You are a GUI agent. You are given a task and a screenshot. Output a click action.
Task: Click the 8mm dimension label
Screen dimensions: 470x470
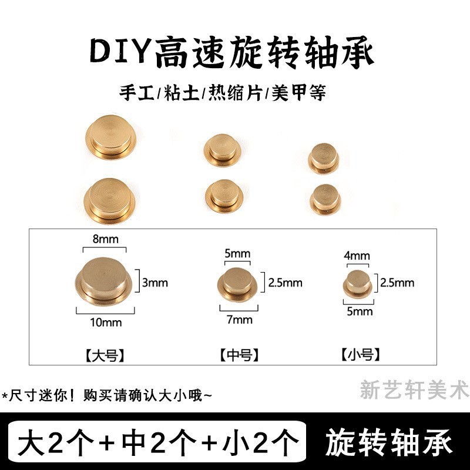pos(105,239)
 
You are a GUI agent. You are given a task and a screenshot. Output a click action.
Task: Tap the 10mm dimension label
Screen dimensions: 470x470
pos(106,322)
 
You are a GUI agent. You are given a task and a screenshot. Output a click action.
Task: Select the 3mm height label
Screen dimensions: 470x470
pos(155,283)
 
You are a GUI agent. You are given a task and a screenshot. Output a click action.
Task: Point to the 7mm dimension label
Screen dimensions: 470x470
pos(239,320)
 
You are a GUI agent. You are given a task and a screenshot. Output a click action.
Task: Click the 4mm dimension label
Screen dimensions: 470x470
pos(357,256)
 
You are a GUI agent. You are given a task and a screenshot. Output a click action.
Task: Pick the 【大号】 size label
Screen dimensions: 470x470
pos(105,355)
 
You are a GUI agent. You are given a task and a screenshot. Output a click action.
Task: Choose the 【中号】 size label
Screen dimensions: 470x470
pos(239,355)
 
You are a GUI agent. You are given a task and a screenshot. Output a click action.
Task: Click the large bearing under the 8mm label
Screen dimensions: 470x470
pos(104,280)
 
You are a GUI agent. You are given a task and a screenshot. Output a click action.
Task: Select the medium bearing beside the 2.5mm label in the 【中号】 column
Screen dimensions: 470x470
pos(238,284)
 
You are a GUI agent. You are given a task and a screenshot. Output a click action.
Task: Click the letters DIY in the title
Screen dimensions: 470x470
pos(120,53)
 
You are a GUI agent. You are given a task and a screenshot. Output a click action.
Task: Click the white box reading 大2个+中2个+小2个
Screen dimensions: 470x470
pos(157,441)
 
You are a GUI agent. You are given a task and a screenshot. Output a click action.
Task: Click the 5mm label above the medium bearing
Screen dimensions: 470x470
pos(237,254)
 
